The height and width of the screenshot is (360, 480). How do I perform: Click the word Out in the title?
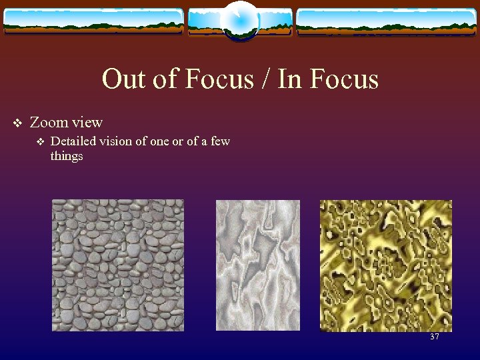pos(121,80)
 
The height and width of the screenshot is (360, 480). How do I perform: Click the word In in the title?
pos(289,80)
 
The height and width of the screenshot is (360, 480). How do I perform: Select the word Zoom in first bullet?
pos(49,123)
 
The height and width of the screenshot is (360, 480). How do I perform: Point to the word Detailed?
pos(73,141)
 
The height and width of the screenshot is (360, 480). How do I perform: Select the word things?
pos(67,157)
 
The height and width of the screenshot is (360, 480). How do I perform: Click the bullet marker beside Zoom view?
pos(18,123)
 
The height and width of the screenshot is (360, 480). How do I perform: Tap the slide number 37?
pos(435,337)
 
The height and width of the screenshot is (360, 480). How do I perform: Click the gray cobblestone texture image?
pos(118,265)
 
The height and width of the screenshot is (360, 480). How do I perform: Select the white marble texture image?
pos(258,265)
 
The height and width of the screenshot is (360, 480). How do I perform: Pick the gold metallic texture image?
pos(385,265)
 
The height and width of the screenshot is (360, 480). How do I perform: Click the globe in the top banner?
pos(239,20)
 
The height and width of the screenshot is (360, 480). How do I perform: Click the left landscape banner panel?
pos(93,21)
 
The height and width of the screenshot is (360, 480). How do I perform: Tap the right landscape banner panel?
pos(386,21)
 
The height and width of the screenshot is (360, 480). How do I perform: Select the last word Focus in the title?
pos(343,80)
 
